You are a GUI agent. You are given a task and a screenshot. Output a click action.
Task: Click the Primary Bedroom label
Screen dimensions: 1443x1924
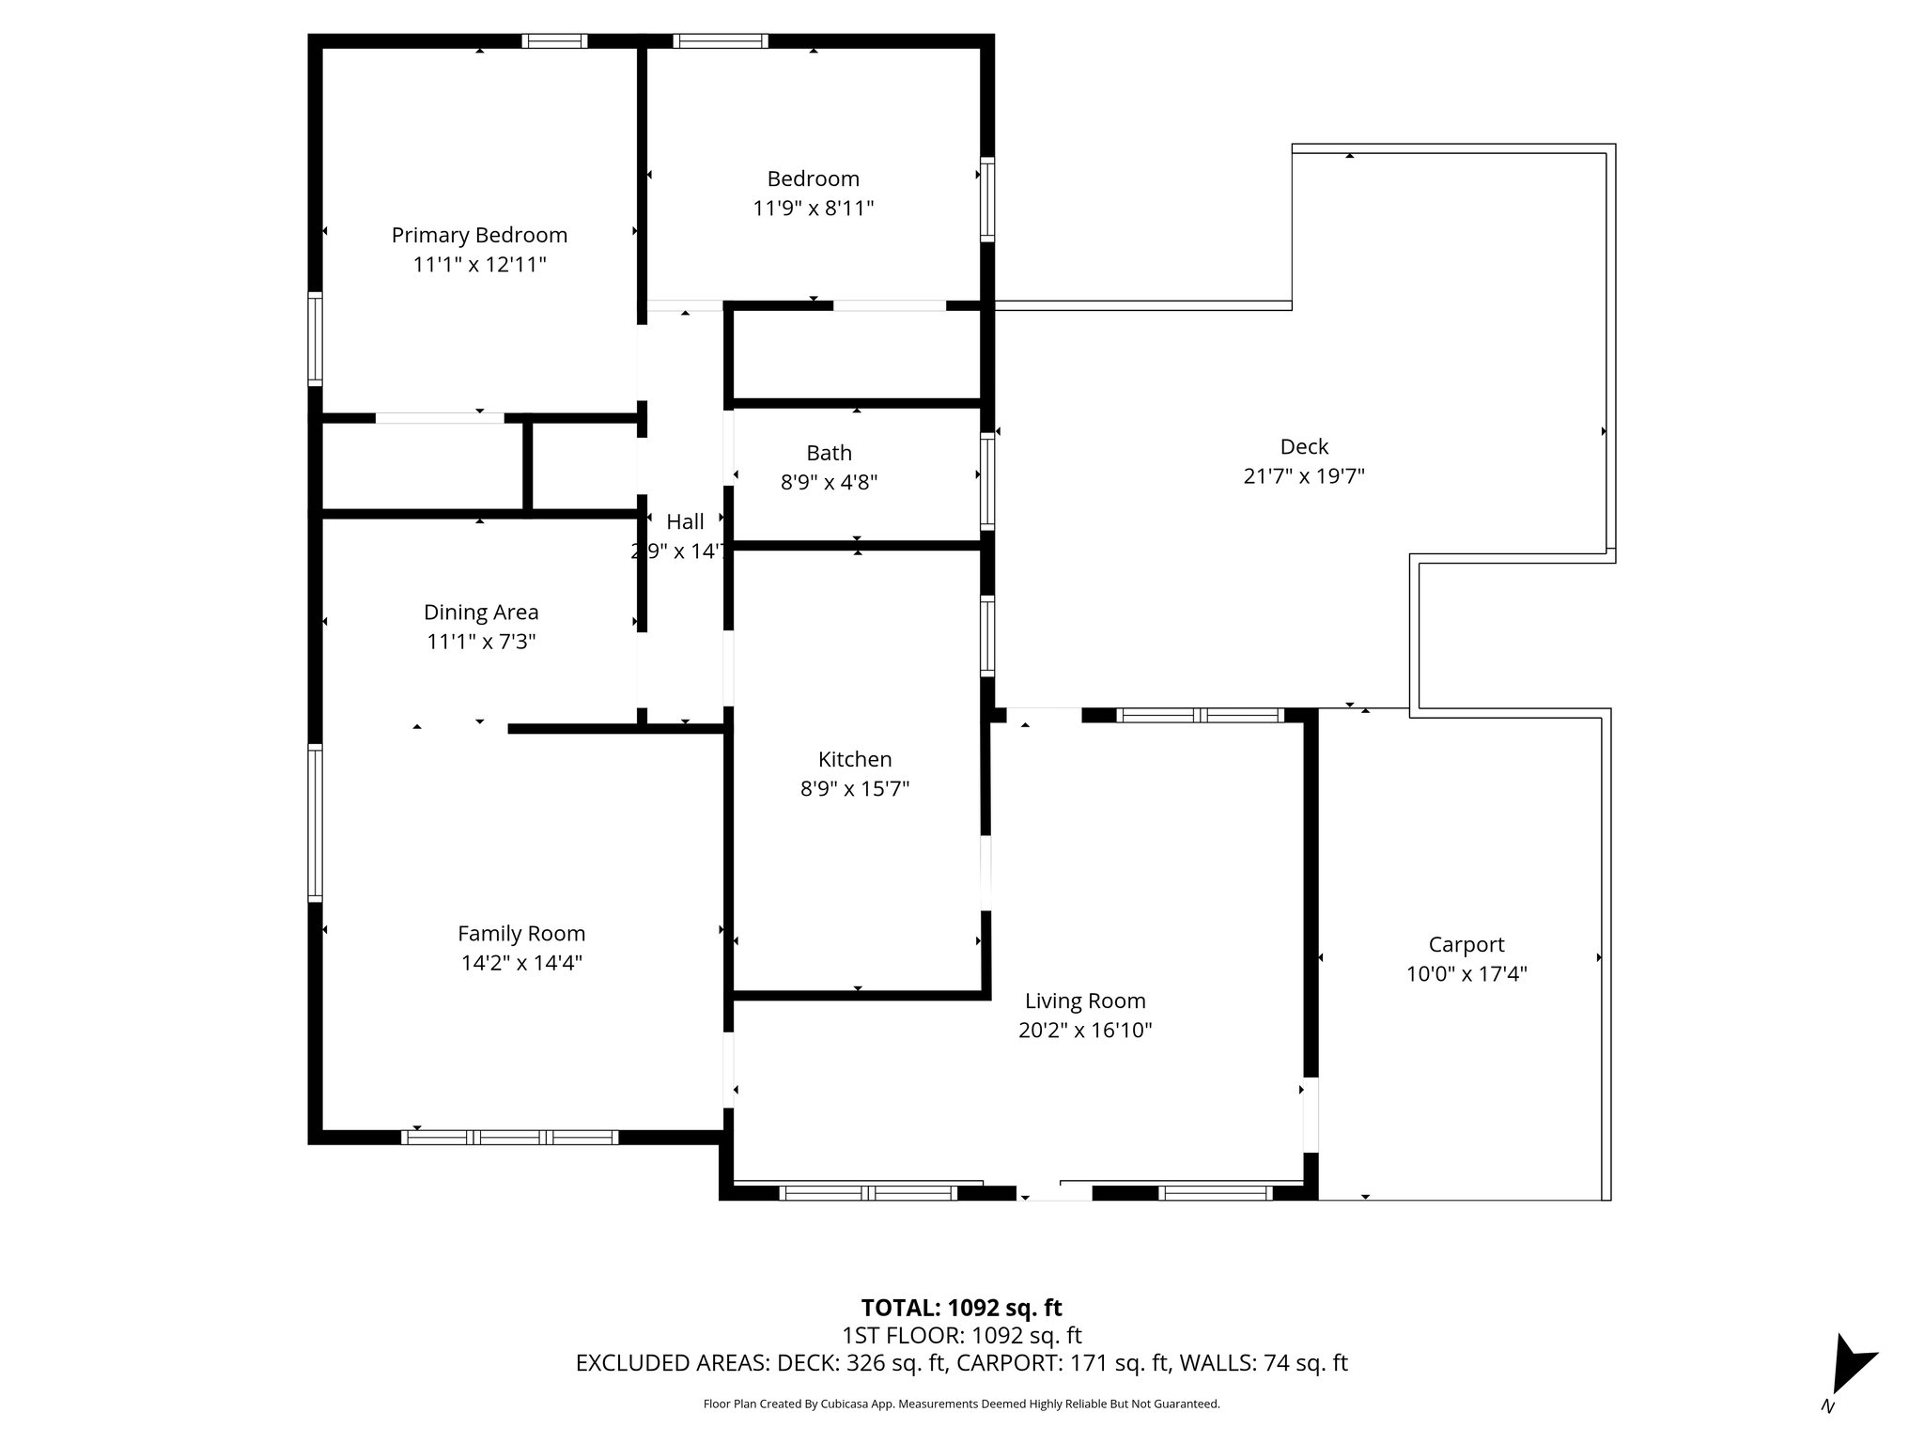click(x=479, y=235)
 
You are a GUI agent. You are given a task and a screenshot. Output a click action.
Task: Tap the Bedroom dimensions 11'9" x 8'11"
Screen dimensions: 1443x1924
click(x=813, y=208)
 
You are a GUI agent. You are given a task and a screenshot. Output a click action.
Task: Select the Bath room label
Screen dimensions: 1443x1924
click(x=829, y=453)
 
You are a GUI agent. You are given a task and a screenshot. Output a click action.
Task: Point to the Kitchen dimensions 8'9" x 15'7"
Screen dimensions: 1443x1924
click(x=854, y=788)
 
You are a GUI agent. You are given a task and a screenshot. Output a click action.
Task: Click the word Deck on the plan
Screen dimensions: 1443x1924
click(x=1304, y=447)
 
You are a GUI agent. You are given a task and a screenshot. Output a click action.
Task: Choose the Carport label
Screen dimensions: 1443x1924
click(x=1466, y=944)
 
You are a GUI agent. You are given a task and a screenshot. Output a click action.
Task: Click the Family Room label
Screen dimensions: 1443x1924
click(x=521, y=933)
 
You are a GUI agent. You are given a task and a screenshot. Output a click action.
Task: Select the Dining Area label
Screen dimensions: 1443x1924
click(x=481, y=613)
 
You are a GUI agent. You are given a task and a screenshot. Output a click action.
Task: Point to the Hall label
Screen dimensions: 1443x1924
click(x=685, y=522)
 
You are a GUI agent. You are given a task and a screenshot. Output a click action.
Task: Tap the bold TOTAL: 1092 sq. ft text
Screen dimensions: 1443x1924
click(x=961, y=1308)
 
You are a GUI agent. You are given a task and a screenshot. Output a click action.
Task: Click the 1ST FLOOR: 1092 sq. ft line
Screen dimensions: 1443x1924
click(x=961, y=1335)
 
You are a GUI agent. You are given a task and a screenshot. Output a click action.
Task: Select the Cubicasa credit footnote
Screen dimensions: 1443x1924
click(x=961, y=1404)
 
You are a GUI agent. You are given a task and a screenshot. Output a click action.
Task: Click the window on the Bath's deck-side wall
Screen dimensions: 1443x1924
click(x=987, y=480)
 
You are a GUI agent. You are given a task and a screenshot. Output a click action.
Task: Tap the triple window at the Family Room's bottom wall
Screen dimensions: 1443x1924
click(x=509, y=1138)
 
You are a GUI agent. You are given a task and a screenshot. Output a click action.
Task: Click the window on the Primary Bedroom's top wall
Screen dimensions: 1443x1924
click(x=554, y=40)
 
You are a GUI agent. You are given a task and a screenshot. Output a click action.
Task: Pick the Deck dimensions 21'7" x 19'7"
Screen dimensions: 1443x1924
click(x=1304, y=476)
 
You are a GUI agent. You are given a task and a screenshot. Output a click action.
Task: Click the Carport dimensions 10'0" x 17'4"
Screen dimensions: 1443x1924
click(x=1466, y=974)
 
